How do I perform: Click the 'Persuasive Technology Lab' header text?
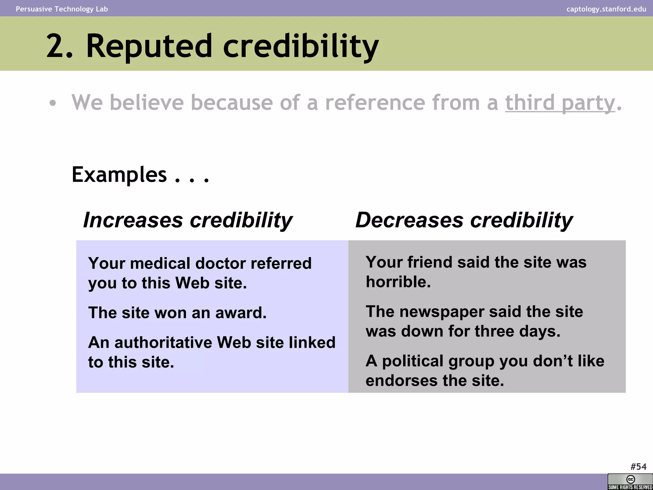click(x=62, y=9)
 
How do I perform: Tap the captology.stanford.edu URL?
click(x=606, y=9)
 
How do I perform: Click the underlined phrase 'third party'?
click(x=560, y=103)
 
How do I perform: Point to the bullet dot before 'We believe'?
click(x=53, y=103)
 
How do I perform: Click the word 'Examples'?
click(x=119, y=174)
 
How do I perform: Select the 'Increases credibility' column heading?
click(x=187, y=220)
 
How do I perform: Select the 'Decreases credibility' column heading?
click(x=464, y=220)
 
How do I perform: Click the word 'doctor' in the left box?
click(x=220, y=264)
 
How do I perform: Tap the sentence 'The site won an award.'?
click(x=177, y=313)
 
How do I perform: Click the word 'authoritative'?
click(x=163, y=343)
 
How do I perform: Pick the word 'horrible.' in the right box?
click(x=398, y=282)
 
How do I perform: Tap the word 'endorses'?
click(x=398, y=381)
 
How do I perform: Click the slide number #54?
click(x=638, y=467)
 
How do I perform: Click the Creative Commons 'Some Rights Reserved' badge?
click(x=630, y=482)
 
